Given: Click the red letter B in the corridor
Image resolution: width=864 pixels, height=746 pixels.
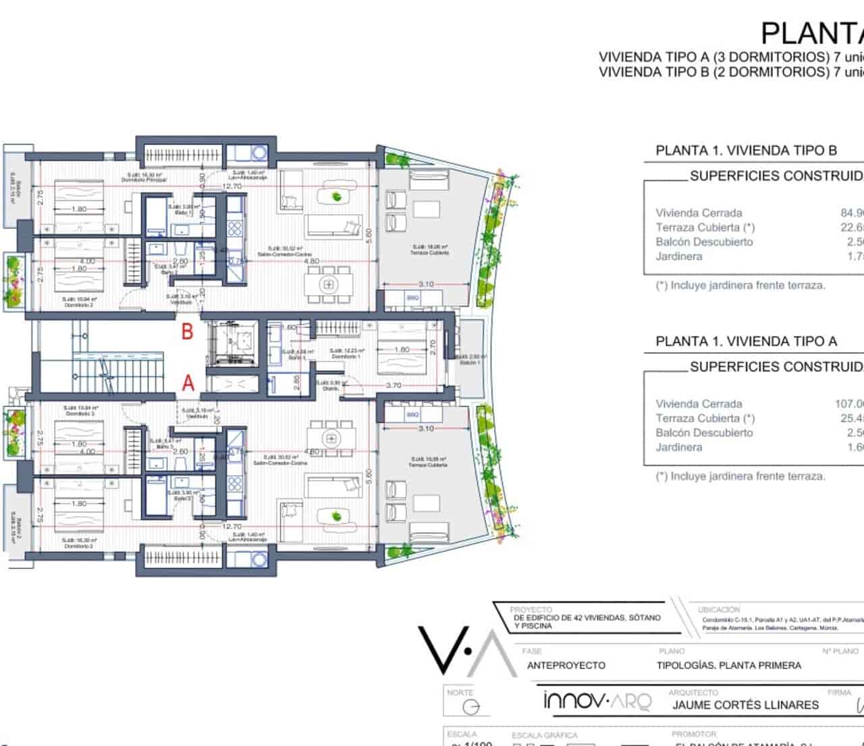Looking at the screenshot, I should pos(188,331).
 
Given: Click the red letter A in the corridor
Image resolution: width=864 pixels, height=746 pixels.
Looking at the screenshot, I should pos(188,383).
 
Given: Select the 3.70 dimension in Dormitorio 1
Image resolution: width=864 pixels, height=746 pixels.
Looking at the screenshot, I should pos(394,385).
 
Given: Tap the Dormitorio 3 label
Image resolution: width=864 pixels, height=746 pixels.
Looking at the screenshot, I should pos(80,411).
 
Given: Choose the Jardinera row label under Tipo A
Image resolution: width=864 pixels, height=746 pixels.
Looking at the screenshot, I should pos(678,448).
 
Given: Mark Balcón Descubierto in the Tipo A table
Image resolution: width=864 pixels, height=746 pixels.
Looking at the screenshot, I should pos(704,433).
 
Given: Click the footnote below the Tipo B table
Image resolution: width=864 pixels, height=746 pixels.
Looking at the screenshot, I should pos(740,286).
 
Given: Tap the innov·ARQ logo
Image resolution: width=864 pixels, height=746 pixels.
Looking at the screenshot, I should pos(597,701).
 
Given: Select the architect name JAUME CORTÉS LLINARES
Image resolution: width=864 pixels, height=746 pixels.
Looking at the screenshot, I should pos(745,705).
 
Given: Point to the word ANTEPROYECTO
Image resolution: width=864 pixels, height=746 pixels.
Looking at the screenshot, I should pos(566,666).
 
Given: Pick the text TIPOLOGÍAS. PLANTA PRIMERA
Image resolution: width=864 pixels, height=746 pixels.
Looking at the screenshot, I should pos(728,666).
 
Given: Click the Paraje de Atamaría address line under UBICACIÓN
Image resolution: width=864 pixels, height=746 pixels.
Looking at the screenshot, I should pos(769,628).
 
